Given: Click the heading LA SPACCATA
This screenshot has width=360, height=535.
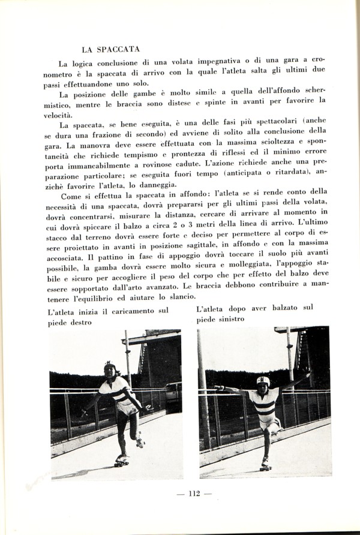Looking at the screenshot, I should point(110,49).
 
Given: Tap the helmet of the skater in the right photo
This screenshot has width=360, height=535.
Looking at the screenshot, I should point(263,380).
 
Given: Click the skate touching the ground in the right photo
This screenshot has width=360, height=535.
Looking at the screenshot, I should point(265,465).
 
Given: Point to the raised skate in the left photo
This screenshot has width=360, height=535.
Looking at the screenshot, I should point(140,443).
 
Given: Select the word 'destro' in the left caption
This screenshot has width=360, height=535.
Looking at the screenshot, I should point(80,323).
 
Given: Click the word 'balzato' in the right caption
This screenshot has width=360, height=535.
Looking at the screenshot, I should point(286,308).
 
